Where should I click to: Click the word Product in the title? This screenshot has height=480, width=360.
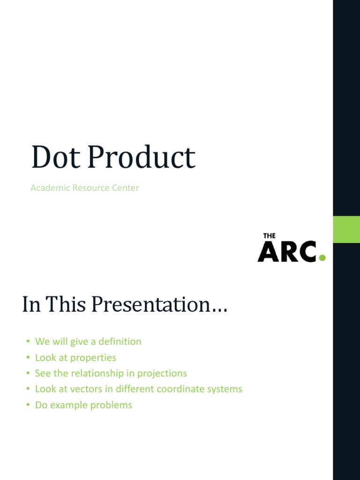[141, 157]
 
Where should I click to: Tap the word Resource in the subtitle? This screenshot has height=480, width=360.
[92, 188]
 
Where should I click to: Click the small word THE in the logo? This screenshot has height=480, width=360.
[269, 236]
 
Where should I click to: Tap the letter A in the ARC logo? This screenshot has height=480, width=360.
[268, 252]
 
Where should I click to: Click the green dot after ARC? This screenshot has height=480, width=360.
[322, 257]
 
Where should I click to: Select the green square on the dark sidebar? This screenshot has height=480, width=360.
[346, 229]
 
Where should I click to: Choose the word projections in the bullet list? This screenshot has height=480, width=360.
[162, 374]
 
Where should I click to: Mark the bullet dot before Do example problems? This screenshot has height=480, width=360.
[28, 405]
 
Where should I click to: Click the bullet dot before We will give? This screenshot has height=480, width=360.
[28, 342]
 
